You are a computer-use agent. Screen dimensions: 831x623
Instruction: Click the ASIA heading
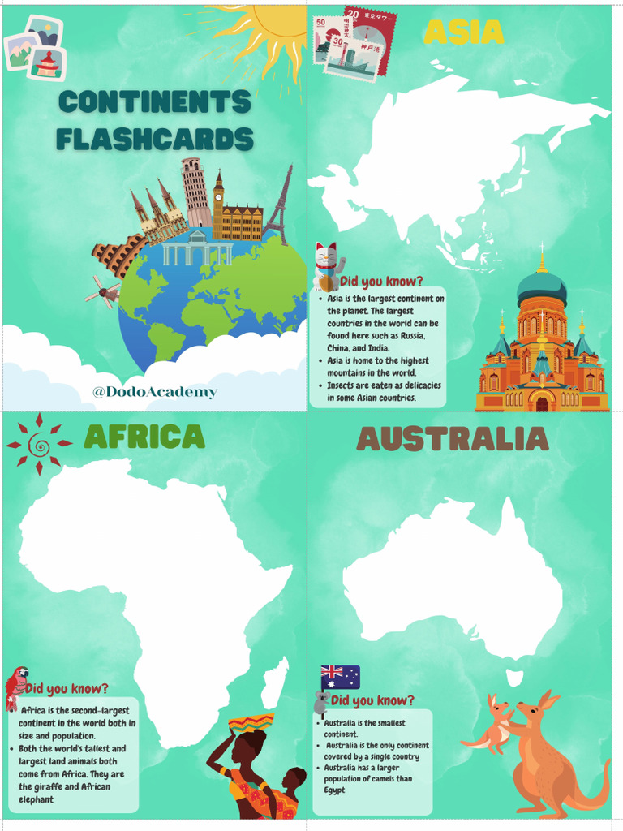(463, 32)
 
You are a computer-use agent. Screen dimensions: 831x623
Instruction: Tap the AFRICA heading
(144, 437)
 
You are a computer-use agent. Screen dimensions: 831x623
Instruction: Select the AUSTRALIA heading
(453, 439)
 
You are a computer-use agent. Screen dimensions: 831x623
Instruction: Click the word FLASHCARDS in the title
(155, 139)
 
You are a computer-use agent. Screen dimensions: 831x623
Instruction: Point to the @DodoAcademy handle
(155, 392)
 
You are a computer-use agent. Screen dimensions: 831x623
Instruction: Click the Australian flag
(340, 676)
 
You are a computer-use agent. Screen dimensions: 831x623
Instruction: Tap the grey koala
(321, 703)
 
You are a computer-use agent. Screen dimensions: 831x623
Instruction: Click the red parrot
(15, 687)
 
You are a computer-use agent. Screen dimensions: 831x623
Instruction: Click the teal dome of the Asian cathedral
(542, 286)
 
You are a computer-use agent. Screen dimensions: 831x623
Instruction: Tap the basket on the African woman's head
(251, 722)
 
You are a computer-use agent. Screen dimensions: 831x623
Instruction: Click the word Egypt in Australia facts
(335, 790)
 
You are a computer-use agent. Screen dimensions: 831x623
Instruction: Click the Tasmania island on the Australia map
(514, 677)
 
